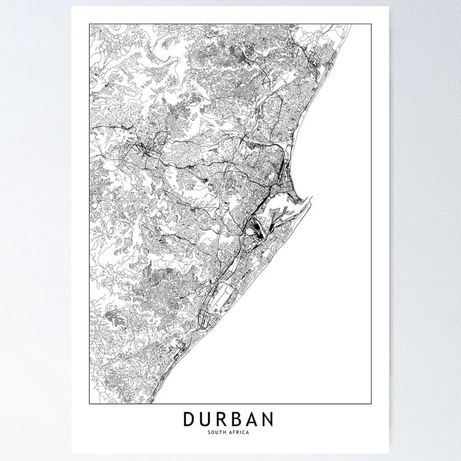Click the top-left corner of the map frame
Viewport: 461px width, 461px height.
point(90,24)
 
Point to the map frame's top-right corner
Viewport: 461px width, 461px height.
point(371,24)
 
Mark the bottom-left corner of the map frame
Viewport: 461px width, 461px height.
point(90,404)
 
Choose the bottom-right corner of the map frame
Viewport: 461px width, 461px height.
point(371,404)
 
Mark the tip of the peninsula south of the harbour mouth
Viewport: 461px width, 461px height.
point(312,198)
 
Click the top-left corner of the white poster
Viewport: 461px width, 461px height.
point(71,7)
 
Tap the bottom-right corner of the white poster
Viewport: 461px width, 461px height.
point(389,454)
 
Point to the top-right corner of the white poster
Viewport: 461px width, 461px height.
point(389,7)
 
